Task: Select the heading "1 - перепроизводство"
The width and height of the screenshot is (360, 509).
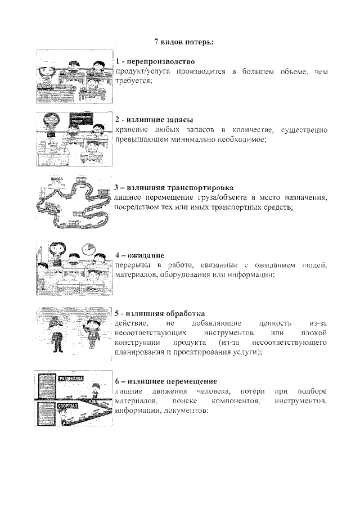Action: coord(155,61)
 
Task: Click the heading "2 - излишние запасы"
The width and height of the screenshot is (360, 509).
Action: coord(154,120)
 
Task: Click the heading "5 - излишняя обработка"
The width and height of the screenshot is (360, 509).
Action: coord(160,313)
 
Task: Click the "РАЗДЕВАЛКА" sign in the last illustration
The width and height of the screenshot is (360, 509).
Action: coord(71,380)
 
